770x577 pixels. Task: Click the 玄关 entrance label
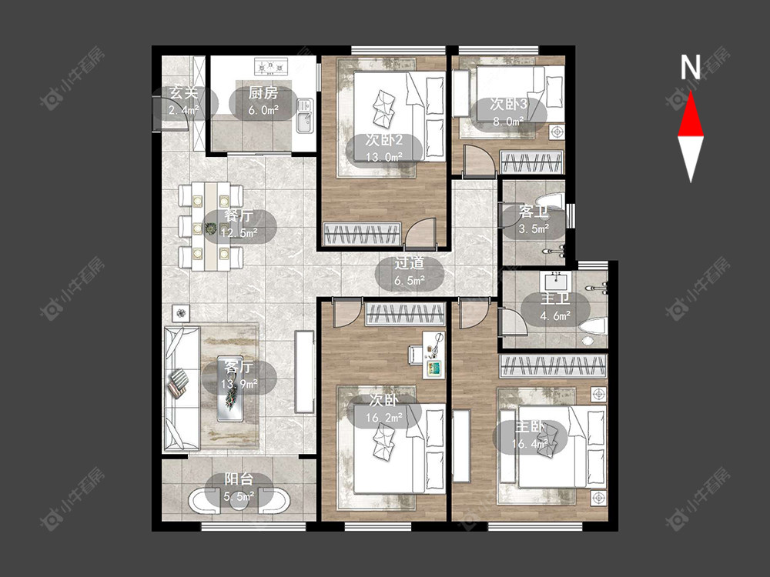184,101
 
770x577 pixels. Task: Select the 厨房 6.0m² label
263,101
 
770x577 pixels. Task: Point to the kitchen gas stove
270,66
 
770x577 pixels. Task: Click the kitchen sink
304,116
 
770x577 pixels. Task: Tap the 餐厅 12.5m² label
239,224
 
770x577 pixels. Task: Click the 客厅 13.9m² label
239,375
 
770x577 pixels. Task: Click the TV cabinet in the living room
304,372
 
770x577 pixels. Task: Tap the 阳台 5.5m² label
239,488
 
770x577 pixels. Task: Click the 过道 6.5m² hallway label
410,272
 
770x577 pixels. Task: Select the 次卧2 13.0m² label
384,148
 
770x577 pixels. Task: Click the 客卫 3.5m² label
534,221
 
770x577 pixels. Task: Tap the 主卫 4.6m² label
555,307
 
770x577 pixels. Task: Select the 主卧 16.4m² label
530,435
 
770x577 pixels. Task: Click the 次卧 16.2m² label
384,409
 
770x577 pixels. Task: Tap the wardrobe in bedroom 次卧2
362,233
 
